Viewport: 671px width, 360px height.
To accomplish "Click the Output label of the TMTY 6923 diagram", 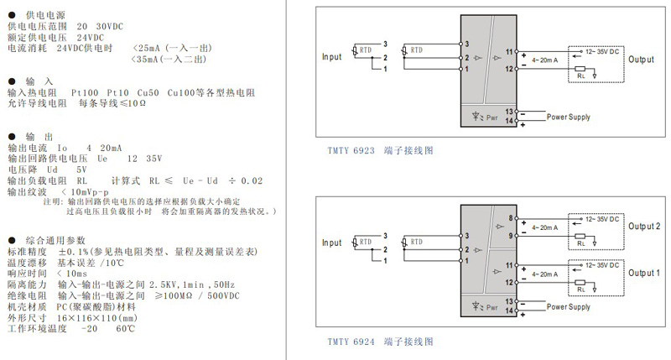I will [x=641, y=60].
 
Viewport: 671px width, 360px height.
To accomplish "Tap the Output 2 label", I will [x=645, y=227].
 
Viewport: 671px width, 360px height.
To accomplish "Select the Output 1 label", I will [x=645, y=273].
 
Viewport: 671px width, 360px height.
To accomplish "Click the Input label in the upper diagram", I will [x=333, y=56].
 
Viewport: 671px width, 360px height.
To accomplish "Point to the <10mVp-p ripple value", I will [x=86, y=192].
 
